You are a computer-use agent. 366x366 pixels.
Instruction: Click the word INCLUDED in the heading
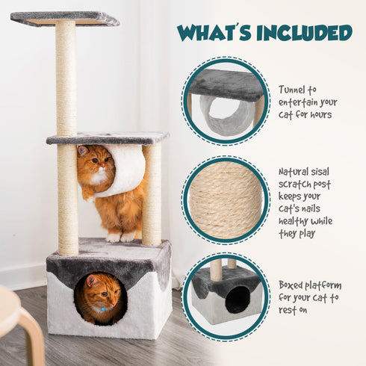pyautogui.click(x=303, y=33)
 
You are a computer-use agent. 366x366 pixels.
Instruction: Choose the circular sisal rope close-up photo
pyautogui.click(x=226, y=199)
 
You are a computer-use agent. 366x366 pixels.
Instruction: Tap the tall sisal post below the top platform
pyautogui.click(x=66, y=78)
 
